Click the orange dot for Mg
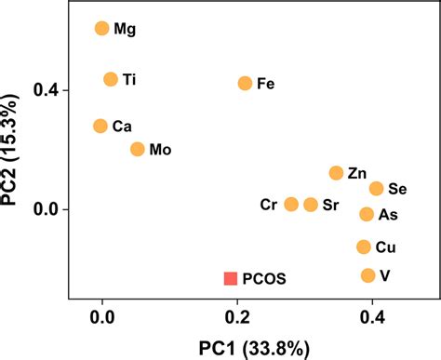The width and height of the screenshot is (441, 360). tap(102, 29)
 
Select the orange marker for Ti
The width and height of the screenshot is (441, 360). tap(111, 80)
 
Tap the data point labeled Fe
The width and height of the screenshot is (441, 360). tap(245, 84)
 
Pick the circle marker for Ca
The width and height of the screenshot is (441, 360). tap(100, 126)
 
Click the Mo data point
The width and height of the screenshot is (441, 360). tap(138, 149)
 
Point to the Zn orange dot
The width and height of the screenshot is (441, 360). tap(336, 173)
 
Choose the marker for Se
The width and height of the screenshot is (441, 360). tap(376, 189)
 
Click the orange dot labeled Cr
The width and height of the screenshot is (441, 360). tap(291, 205)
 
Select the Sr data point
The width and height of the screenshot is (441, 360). tap(311, 205)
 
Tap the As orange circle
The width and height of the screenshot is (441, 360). tap(367, 215)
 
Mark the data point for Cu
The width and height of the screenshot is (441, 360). tap(364, 247)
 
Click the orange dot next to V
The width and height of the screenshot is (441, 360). tap(367, 275)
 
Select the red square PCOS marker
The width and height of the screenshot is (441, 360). tap(230, 278)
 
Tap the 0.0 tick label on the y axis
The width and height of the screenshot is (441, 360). tap(45, 209)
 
